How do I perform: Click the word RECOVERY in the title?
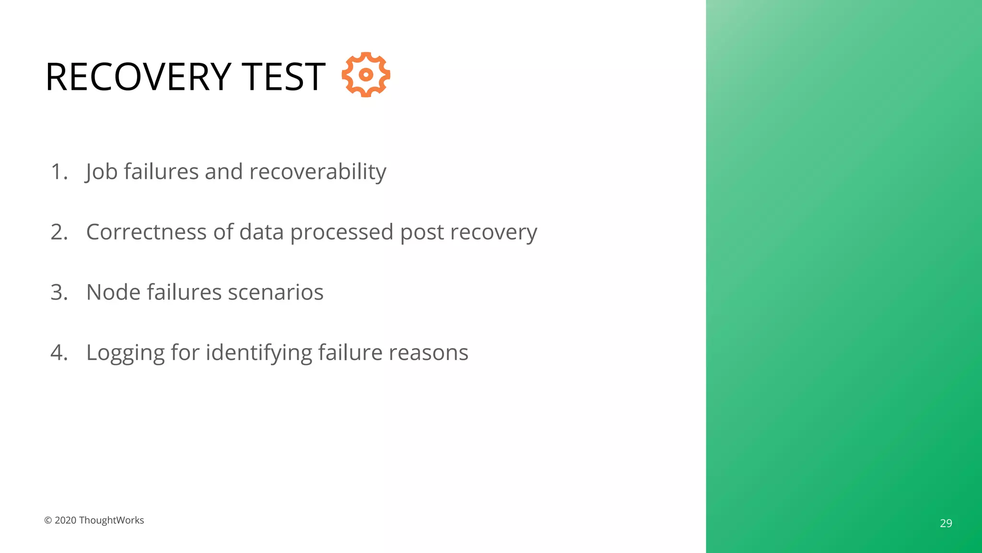tap(138, 77)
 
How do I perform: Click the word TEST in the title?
tap(283, 77)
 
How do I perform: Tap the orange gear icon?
tap(366, 74)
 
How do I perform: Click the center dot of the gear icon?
tap(366, 74)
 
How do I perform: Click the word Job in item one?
tap(102, 172)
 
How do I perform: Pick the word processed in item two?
tap(342, 232)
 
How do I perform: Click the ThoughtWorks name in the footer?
tap(111, 520)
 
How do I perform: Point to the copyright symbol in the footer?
tap(48, 520)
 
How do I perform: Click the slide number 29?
tap(946, 523)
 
